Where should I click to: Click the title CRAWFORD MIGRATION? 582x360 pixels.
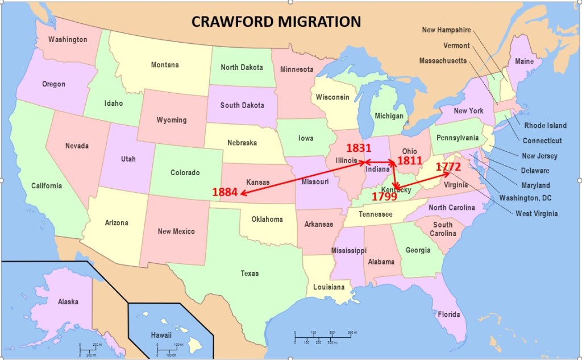pos(276,22)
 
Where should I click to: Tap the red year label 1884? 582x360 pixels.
pos(225,192)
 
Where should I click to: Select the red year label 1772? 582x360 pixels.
pos(448,167)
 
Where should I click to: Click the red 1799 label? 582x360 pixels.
pos(384,197)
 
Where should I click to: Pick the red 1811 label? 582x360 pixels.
pos(409,161)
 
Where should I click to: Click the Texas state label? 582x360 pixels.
pos(249,274)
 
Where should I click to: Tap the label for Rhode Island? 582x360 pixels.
pos(545,126)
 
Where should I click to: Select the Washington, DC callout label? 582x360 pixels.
pos(525,198)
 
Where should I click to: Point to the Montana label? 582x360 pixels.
pos(164,65)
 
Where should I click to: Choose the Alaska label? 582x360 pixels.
pos(68,302)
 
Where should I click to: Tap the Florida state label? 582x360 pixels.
pos(449,315)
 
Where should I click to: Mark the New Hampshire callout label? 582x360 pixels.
pos(446,30)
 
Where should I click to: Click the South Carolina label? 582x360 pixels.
pos(443,229)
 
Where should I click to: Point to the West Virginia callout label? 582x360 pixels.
pos(537,214)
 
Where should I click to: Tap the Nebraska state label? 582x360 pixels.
pos(242,143)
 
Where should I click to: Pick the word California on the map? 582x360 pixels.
pos(47,186)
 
